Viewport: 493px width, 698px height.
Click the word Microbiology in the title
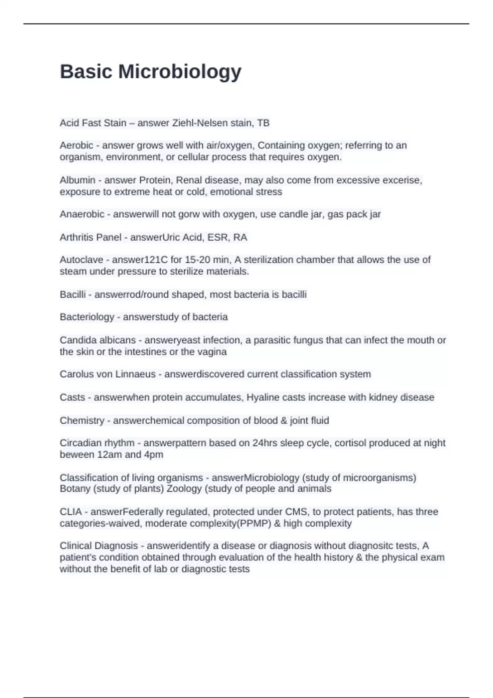click(x=180, y=72)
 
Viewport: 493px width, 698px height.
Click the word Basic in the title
click(x=86, y=72)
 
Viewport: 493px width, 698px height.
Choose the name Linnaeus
click(x=136, y=374)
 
